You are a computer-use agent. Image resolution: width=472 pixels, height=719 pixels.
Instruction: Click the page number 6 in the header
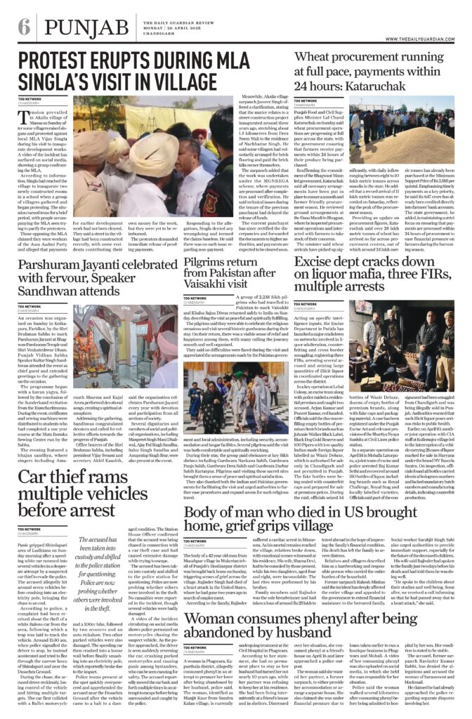click(x=24, y=29)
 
